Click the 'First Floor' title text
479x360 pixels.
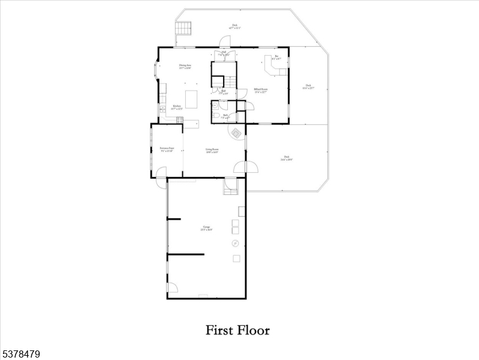point(238,330)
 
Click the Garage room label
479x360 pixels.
point(206,228)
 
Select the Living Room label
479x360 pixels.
point(212,151)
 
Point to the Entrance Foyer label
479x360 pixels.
point(167,149)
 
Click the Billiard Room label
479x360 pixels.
point(260,90)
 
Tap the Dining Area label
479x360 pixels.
point(185,67)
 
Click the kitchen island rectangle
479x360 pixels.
point(191,99)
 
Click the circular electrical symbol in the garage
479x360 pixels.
point(236,243)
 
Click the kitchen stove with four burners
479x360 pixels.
point(179,119)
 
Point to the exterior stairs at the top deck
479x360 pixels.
point(183,28)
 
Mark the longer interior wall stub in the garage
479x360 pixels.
point(186,254)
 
